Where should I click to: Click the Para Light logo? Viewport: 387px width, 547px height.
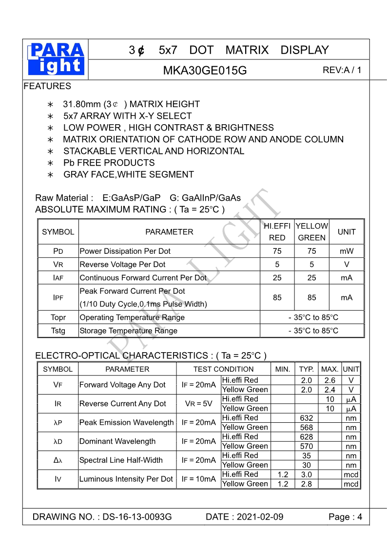tap(57, 59)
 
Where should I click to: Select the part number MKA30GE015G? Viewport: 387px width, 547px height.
tap(205, 71)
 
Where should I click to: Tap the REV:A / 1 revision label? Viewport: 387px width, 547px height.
tap(342, 70)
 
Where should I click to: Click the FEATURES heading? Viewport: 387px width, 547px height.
tap(47, 86)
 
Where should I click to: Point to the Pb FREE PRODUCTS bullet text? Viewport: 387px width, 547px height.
tap(109, 163)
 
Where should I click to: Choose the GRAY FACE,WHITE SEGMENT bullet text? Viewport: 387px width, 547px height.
tap(128, 174)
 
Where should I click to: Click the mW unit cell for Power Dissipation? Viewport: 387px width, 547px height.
tap(347, 251)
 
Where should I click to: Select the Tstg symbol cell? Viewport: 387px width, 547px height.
tap(58, 331)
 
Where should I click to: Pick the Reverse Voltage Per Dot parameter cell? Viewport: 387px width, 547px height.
tap(122, 264)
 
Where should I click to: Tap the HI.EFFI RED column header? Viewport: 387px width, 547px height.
tap(277, 232)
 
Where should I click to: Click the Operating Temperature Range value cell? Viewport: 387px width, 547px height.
tap(312, 318)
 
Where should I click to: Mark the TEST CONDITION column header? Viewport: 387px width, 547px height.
tap(223, 369)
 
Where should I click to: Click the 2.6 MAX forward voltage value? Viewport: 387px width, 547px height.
tap(330, 380)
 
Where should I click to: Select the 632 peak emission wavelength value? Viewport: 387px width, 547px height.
tap(307, 418)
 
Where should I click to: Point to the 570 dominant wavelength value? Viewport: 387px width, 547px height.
tap(307, 446)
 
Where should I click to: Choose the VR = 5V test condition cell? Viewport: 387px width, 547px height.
tap(198, 404)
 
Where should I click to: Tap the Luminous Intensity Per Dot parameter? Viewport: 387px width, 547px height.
tap(126, 479)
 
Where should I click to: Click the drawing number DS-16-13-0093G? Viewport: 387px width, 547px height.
tap(137, 517)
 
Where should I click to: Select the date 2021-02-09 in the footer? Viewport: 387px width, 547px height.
tap(259, 517)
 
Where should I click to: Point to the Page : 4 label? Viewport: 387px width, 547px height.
tap(345, 517)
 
